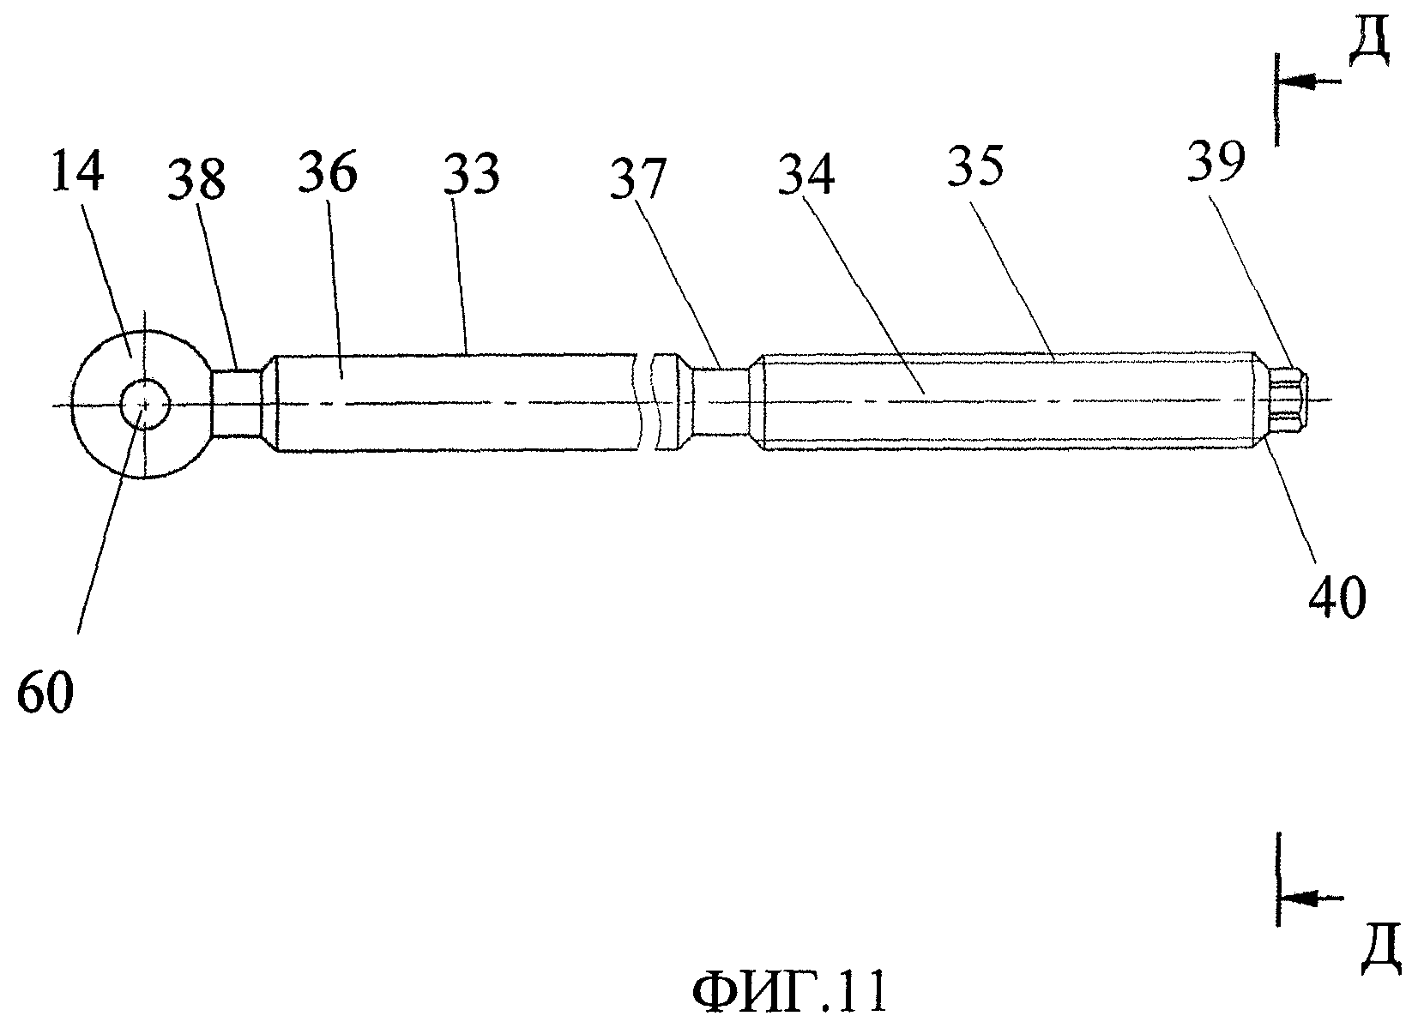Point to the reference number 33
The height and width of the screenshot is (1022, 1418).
coord(471,174)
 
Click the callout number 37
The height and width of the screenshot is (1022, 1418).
coord(637,179)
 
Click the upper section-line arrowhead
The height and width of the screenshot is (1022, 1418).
coord(1294,82)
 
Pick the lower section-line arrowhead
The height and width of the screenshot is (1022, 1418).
coord(1294,898)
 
